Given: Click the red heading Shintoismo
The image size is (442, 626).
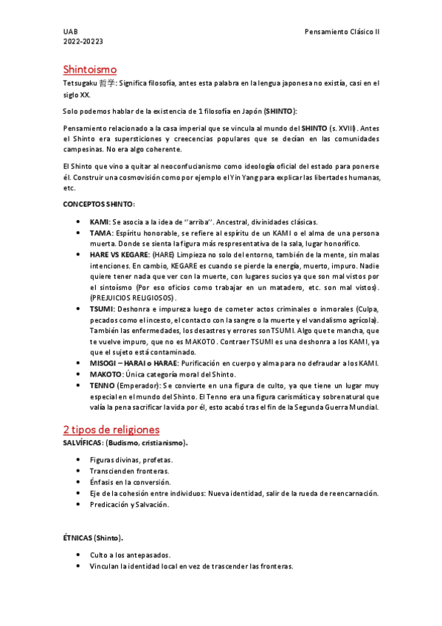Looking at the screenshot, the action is [x=90, y=69].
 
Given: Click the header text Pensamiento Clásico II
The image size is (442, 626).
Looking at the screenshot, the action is [x=342, y=32].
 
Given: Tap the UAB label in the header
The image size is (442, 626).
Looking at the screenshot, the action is [x=70, y=32].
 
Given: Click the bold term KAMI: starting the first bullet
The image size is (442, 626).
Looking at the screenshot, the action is [x=100, y=221].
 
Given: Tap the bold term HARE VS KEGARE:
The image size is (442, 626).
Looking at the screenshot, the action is [x=119, y=253].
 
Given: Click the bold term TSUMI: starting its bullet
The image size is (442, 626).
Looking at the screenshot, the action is [x=102, y=308].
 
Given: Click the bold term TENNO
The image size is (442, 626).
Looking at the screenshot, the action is [x=102, y=385].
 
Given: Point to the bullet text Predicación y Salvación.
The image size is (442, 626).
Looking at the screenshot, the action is [x=129, y=504].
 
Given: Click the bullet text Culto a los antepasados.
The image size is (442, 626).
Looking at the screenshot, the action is [x=131, y=554].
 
